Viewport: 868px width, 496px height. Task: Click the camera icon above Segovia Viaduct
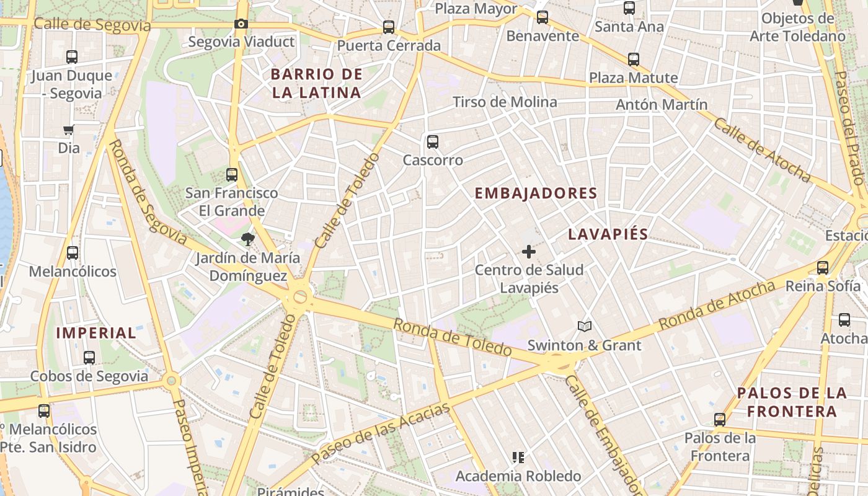[x=241, y=24]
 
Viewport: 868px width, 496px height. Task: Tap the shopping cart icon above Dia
[x=69, y=130]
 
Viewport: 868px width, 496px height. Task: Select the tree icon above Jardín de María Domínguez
[x=248, y=239]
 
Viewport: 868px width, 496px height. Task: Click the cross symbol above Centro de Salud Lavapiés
[x=529, y=252]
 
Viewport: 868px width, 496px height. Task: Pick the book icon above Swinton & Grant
[x=584, y=326]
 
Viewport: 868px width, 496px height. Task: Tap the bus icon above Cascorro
[x=433, y=141]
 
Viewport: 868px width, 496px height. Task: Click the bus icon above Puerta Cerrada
[x=389, y=27]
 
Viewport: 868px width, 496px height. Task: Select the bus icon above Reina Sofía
[x=823, y=268]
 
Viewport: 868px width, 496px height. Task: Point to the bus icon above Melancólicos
[x=73, y=253]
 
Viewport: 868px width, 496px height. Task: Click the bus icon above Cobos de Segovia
[x=89, y=358]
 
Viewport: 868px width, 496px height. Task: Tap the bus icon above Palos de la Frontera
[x=720, y=420]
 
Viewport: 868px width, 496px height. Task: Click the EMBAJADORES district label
[x=536, y=193]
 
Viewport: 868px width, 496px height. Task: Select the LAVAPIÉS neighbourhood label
[x=608, y=234]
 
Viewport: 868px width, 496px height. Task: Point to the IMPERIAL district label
[x=96, y=333]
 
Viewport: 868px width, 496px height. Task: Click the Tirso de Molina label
[x=505, y=102]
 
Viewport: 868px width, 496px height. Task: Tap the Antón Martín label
[x=661, y=104]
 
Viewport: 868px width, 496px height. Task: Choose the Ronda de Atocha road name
[x=717, y=305]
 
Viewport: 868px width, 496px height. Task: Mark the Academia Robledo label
[x=518, y=476]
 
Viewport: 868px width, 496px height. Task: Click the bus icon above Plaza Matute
[x=634, y=60]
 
